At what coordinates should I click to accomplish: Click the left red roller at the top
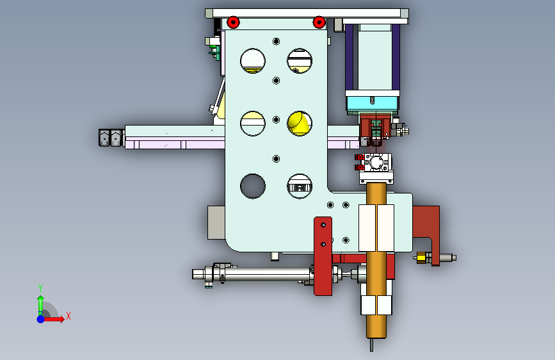233,22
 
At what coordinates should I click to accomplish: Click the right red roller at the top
319,22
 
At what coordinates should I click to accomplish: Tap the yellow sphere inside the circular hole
298,123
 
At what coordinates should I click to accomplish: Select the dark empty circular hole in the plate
253,186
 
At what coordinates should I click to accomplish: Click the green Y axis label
40,288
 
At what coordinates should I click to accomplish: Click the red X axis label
68,316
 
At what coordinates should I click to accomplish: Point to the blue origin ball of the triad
41,319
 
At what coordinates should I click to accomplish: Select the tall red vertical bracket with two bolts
323,256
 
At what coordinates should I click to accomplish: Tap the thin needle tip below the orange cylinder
371,345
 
